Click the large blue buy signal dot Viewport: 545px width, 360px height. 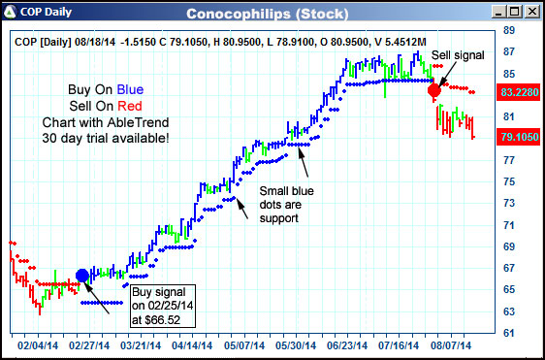pyautogui.click(x=82, y=276)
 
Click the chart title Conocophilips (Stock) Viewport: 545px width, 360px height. pyautogui.click(x=280, y=13)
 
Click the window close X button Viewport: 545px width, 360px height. pyautogui.click(x=531, y=12)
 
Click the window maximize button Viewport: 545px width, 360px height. pyautogui.click(x=515, y=12)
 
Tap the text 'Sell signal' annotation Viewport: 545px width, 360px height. pyautogui.click(x=457, y=55)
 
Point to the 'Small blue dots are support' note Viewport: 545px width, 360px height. pyautogui.click(x=283, y=205)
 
